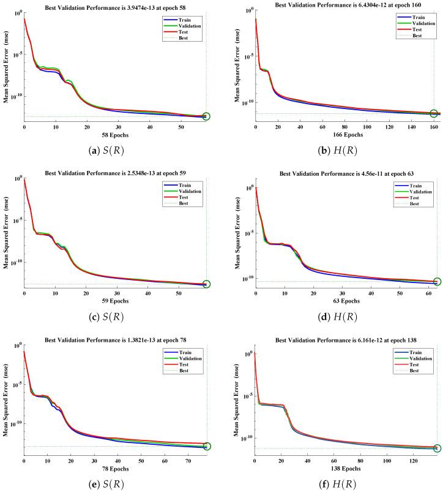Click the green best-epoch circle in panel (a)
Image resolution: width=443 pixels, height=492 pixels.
click(x=206, y=116)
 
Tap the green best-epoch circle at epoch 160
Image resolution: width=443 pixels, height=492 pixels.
click(x=434, y=113)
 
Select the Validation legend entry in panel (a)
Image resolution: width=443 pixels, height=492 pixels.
click(x=184, y=26)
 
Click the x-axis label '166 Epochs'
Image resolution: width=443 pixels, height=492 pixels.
click(x=347, y=134)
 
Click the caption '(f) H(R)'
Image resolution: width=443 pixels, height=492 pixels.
click(x=347, y=484)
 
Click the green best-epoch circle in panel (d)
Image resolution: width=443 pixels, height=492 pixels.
click(x=437, y=282)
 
